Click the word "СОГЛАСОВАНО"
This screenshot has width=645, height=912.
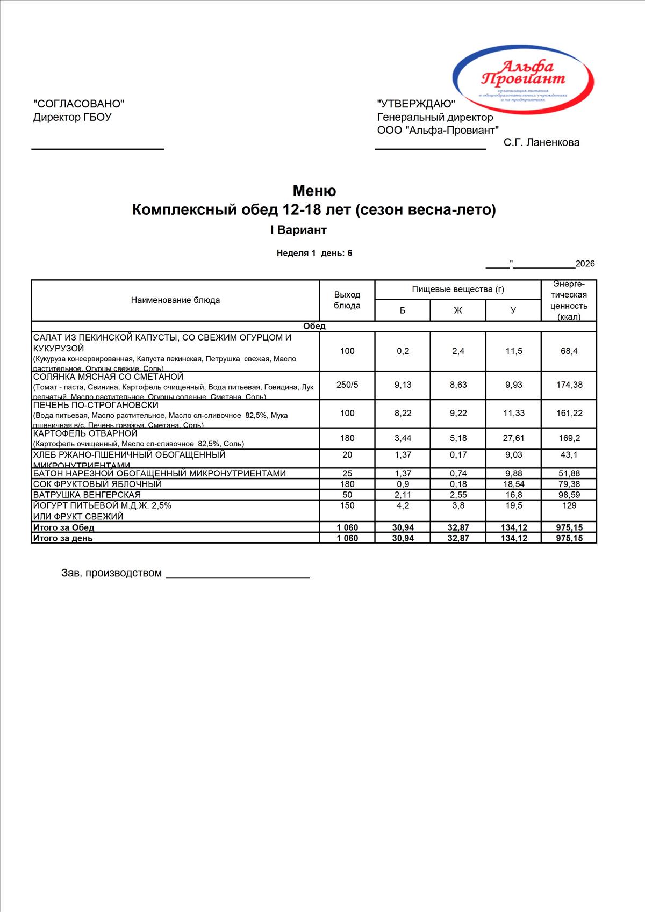79,104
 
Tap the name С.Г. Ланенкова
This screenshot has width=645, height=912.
541,142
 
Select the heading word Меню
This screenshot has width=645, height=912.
314,191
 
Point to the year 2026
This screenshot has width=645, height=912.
585,264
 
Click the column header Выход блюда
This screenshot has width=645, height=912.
347,300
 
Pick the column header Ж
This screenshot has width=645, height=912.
458,310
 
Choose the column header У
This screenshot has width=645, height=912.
513,310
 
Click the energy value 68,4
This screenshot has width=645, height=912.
569,351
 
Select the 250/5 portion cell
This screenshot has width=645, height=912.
347,385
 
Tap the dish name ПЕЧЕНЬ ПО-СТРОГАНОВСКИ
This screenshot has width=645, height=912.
96,405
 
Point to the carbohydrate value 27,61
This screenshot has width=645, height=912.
513,438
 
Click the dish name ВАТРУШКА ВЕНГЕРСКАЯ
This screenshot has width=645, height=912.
87,495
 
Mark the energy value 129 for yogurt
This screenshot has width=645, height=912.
569,505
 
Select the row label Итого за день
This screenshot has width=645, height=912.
63,538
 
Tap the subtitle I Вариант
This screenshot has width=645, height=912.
298,230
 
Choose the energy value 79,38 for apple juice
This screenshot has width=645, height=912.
569,484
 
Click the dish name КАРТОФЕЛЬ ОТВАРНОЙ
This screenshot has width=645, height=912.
85,433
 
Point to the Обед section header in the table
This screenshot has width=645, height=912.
314,326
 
